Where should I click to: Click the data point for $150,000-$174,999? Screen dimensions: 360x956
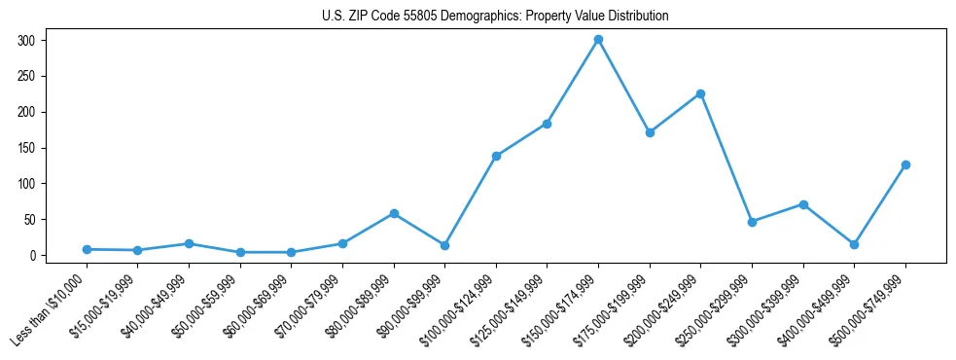point(598,40)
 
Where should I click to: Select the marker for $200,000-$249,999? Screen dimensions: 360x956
point(700,94)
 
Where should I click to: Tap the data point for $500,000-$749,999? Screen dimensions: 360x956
point(905,164)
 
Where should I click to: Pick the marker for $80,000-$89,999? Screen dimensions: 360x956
point(394,213)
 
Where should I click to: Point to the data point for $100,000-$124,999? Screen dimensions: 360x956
point(496,156)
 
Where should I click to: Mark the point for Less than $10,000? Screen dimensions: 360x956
point(87,249)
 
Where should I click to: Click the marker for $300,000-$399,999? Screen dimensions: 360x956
point(803,204)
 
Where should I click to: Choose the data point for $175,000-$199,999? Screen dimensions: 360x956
point(650,132)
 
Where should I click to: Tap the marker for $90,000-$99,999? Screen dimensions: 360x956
point(444,245)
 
